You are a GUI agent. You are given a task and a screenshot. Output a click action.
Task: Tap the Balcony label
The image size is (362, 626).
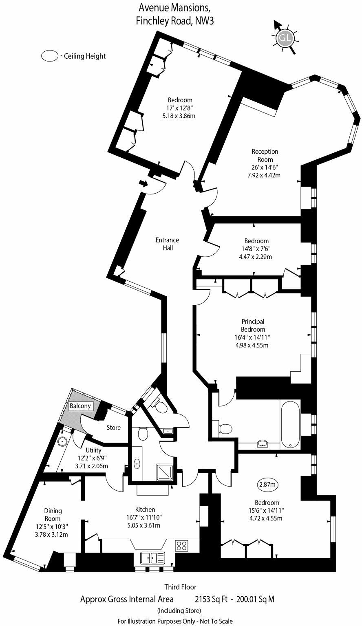[x=80, y=406]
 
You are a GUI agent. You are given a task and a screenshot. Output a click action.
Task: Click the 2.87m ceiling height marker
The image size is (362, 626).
[x=267, y=485]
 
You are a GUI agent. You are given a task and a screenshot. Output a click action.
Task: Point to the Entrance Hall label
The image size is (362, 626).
[x=167, y=244]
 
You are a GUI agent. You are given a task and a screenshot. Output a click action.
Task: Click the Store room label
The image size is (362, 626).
[x=114, y=428]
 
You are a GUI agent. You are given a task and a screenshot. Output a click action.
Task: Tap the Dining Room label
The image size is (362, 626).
[x=53, y=515]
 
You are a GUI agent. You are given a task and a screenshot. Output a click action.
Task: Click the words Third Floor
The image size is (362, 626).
[x=180, y=587]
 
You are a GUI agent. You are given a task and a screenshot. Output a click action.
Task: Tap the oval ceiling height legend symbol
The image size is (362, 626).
[x=50, y=56]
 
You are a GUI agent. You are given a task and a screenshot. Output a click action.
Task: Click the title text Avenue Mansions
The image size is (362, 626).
[x=175, y=7]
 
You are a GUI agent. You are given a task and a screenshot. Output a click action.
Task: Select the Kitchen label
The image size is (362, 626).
[x=145, y=509]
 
